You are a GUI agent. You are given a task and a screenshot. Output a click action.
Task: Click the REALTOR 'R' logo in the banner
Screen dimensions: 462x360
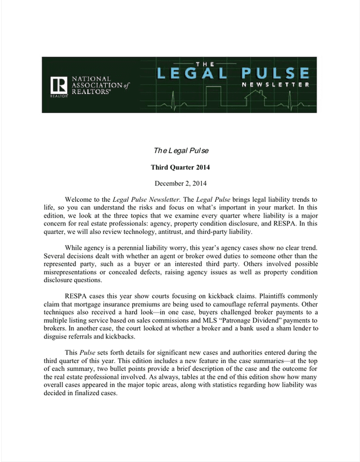click(x=58, y=86)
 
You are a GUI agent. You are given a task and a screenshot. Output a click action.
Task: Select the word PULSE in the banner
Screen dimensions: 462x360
click(x=274, y=73)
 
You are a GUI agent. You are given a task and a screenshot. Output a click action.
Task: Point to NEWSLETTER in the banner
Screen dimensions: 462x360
click(x=275, y=85)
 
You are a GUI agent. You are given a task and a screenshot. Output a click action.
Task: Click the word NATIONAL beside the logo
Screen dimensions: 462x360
click(x=89, y=79)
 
